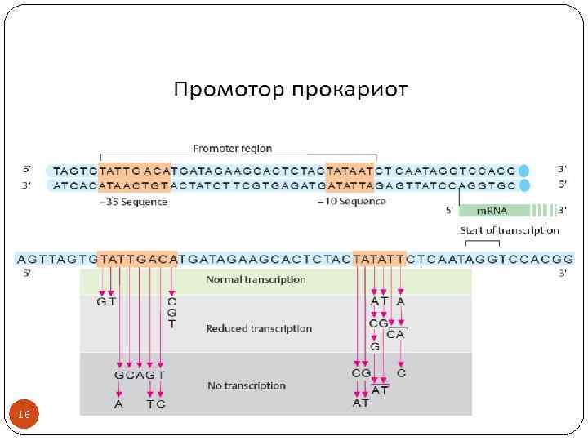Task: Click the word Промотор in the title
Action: coord(220,88)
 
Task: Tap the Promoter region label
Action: coord(232,149)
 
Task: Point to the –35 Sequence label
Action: coord(131,202)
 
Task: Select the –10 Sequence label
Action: coord(351,202)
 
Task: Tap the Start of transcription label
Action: coord(510,230)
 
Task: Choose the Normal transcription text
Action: coord(256,279)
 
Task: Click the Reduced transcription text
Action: coord(259,328)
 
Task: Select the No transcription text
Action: coord(246,385)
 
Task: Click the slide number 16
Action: coord(24,416)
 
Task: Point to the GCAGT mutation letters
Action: coord(140,375)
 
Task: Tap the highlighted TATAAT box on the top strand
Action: coord(349,171)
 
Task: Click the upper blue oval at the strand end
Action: coord(524,171)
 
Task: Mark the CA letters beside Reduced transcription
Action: coord(395,334)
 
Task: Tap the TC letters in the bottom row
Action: coord(156,404)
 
